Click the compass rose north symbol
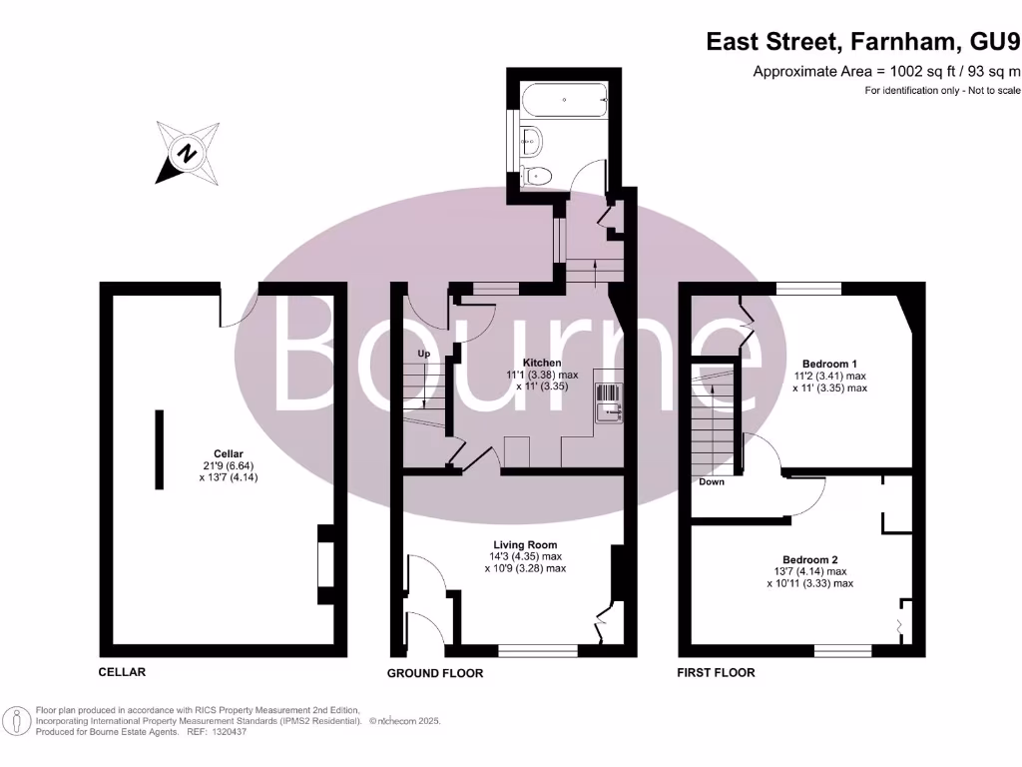(x=187, y=154)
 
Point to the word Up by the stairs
(x=423, y=354)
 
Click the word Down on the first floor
(x=712, y=481)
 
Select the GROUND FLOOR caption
(x=435, y=673)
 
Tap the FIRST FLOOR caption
(x=716, y=672)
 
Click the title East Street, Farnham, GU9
(x=863, y=42)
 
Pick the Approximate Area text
(x=886, y=71)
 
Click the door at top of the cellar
(x=240, y=305)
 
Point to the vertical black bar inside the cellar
(x=159, y=448)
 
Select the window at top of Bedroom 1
(x=809, y=289)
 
